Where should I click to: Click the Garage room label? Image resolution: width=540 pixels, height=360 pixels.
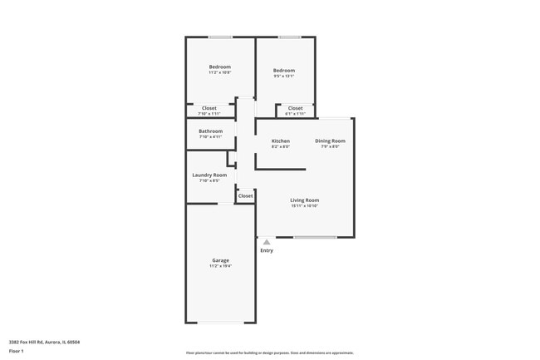tap(220, 260)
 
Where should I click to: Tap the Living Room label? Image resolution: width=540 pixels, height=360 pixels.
tap(304, 200)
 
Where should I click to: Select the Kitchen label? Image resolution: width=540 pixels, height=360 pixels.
tap(281, 141)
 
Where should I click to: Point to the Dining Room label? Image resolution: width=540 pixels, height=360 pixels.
tap(330, 141)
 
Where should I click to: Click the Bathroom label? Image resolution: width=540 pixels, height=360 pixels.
tap(210, 131)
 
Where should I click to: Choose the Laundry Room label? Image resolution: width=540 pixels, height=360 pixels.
tap(209, 175)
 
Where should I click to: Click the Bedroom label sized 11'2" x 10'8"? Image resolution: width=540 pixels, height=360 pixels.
tap(220, 67)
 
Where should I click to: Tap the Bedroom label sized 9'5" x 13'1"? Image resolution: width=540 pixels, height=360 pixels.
tap(284, 71)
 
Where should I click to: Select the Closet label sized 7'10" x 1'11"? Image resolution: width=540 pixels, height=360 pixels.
tap(209, 108)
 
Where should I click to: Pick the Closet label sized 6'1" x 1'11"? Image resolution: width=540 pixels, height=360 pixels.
tap(296, 108)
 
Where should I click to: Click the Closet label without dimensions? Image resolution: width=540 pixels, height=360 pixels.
tap(245, 196)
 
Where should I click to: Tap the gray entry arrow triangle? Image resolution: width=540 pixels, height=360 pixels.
tap(267, 243)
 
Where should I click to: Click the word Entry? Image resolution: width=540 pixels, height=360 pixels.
tap(267, 250)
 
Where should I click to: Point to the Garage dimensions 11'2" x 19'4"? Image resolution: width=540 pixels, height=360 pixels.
tap(220, 266)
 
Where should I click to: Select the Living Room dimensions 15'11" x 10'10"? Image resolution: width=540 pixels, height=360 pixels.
tap(304, 206)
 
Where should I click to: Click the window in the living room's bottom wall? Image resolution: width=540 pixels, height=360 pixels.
tap(316, 237)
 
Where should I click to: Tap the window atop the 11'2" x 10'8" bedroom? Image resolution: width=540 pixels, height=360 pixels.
tap(220, 37)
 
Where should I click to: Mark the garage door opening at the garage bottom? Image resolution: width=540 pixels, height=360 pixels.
tap(220, 323)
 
